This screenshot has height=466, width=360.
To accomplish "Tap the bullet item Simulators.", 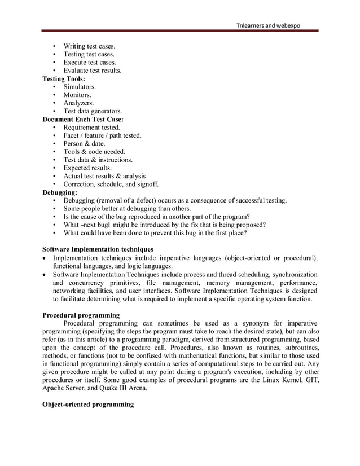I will tap(80, 87).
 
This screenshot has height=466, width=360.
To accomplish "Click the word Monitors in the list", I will tap(77, 95).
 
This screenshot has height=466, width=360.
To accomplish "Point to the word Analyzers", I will tap(78, 103).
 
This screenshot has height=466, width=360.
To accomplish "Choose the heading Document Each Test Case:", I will tap(83, 120).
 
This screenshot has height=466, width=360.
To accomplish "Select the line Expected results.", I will tap(87, 168).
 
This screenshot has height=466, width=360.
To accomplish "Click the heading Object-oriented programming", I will tap(88, 405).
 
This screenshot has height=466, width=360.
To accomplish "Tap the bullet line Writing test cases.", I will tap(89, 46).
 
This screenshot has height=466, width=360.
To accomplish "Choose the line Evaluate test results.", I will tap(92, 71).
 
